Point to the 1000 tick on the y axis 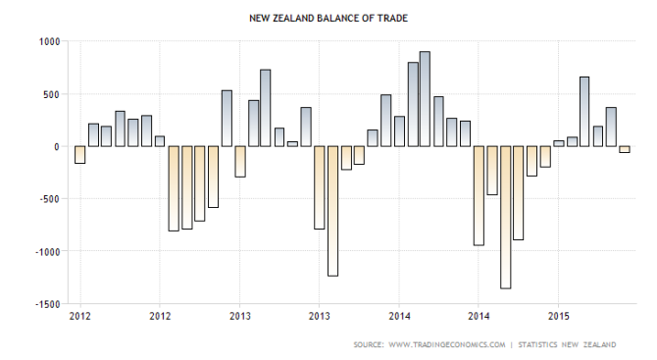(49, 41)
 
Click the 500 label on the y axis (52, 94)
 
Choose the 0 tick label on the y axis (57, 146)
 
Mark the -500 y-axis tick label (49, 199)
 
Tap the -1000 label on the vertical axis (47, 251)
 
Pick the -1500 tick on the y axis (47, 304)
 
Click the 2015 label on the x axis (558, 317)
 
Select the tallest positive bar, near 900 (425, 98)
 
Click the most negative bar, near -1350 (505, 217)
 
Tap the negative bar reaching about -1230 (332, 211)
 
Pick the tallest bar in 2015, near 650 (584, 111)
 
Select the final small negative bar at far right (624, 149)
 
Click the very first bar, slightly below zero (79, 154)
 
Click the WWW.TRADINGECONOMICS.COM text (449, 344)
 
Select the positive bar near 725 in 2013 (266, 108)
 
